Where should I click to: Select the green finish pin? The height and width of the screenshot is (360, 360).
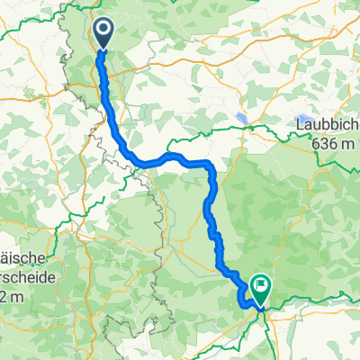[x=260, y=292]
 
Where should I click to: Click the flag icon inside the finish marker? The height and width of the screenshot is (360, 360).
[x=260, y=287]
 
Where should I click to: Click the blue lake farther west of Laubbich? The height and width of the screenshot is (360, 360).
[x=242, y=118]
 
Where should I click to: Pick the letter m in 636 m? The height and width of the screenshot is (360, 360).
[x=349, y=140]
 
